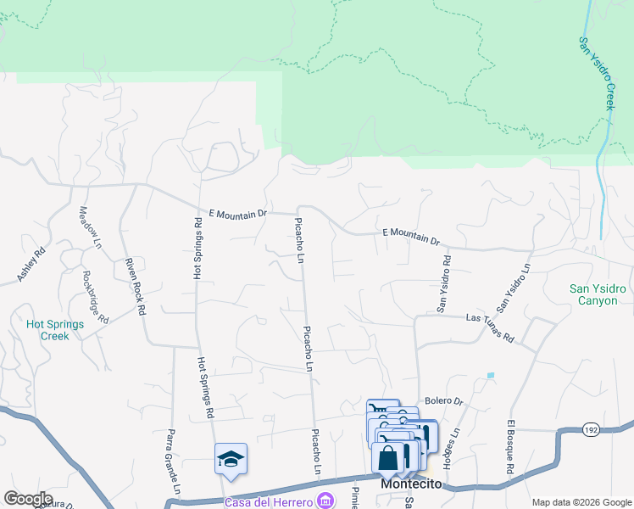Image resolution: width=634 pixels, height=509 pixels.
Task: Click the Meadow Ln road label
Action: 90,227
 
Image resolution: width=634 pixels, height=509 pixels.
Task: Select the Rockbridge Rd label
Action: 96,296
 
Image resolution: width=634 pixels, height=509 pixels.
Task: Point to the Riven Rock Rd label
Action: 135,286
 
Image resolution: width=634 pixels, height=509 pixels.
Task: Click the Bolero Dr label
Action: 443,401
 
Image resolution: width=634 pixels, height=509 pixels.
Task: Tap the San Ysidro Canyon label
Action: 598,294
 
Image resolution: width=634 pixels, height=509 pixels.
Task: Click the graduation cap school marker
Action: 231,459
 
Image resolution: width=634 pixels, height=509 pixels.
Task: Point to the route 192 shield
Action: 592,430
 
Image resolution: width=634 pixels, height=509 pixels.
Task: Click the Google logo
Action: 29,499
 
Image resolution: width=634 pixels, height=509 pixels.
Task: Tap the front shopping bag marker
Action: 387,458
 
